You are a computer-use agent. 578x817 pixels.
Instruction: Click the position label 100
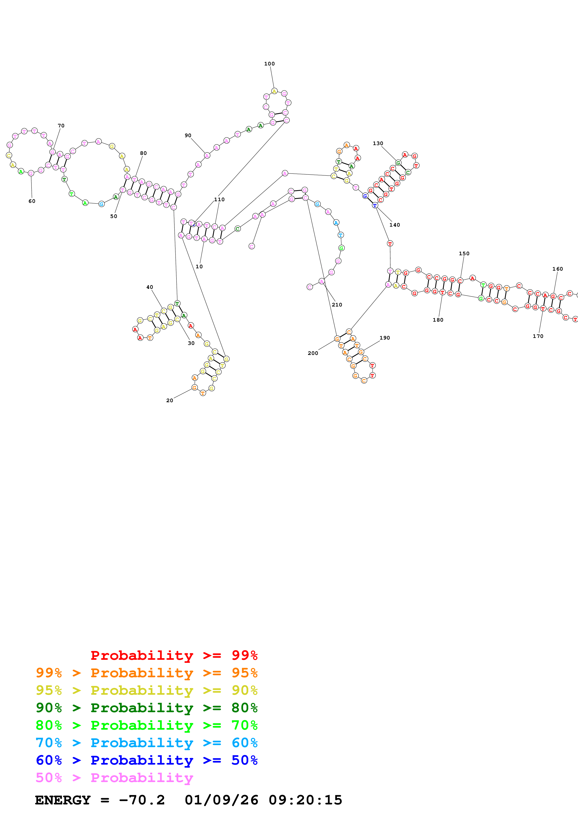point(269,64)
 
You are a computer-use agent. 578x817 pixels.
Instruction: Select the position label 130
point(378,143)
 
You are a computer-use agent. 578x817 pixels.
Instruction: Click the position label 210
point(337,305)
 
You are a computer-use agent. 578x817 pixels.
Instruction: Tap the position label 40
point(150,287)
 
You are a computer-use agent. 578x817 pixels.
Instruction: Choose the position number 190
point(385,338)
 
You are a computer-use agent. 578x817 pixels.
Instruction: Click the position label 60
point(32,201)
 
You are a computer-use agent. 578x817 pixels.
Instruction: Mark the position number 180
point(438,320)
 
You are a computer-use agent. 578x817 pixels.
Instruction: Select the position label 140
point(395,225)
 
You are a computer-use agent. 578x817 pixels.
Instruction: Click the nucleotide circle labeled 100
point(274,92)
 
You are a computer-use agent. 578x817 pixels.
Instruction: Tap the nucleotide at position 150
point(460,281)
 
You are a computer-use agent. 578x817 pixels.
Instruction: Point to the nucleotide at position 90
point(207,156)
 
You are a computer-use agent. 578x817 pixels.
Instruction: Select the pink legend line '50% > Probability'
point(114,777)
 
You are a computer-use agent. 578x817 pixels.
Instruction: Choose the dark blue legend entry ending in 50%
point(146,760)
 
